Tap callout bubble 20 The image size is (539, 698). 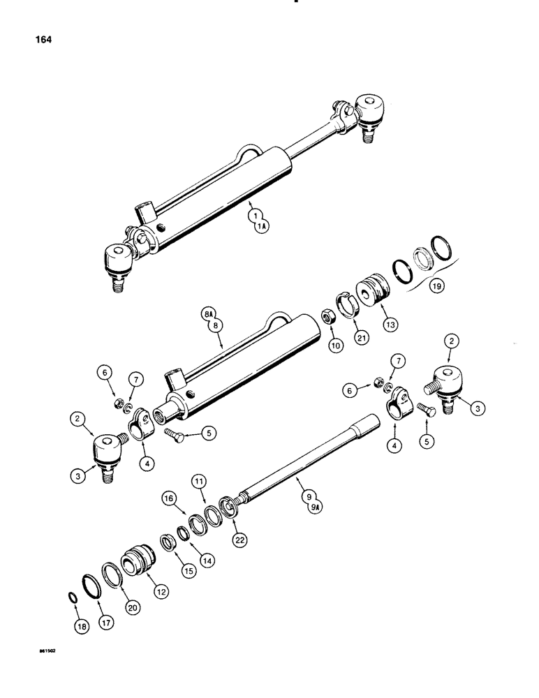click(133, 607)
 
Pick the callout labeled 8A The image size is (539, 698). click(208, 315)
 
